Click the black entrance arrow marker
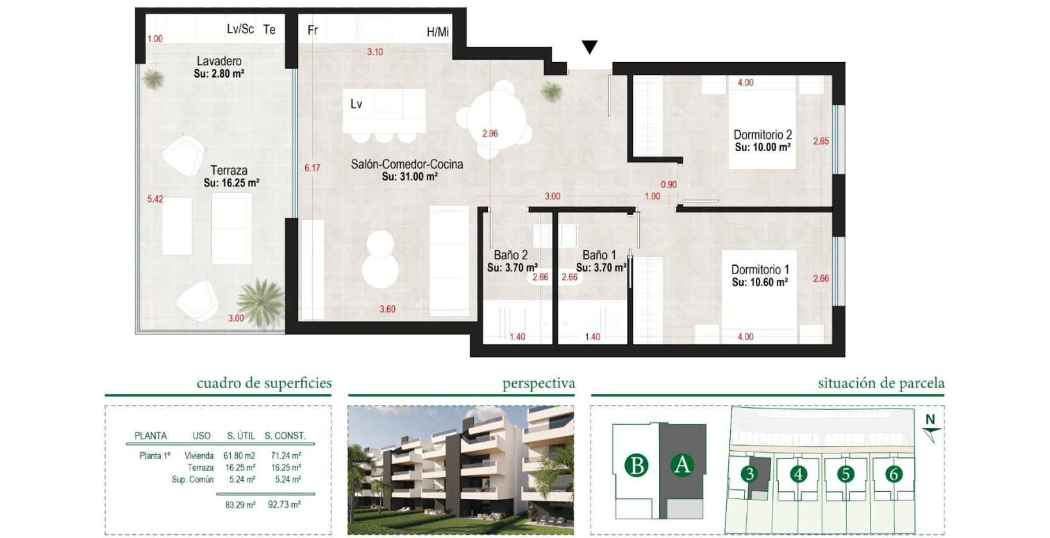590,47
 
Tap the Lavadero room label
219,61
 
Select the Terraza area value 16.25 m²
231,183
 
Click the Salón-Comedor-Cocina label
406,165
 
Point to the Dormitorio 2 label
762,135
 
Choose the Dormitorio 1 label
760,270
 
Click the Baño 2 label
511,255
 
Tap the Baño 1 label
599,255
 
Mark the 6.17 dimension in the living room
312,168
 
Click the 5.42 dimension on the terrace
155,199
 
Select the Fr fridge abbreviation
313,30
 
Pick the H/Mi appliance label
438,32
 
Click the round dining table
496,120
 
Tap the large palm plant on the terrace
260,300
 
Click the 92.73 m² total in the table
284,505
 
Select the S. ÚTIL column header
241,436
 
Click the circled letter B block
637,466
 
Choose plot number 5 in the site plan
846,474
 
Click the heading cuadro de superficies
264,384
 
